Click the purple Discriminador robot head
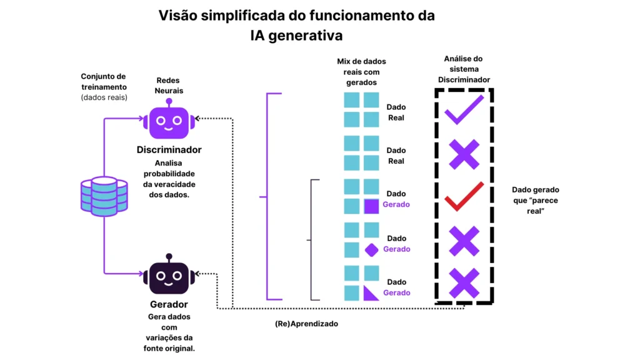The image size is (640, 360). [x=169, y=122]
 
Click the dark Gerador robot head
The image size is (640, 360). [x=169, y=277]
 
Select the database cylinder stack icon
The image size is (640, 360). [x=104, y=196]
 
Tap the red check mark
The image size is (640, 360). [x=464, y=196]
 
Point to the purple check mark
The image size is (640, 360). [x=464, y=109]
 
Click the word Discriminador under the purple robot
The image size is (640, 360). [x=169, y=150]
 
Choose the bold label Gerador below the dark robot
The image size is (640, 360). [x=169, y=305]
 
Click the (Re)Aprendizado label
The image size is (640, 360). [x=306, y=324]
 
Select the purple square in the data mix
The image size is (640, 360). [x=372, y=207]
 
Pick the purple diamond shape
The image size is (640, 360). [x=371, y=250]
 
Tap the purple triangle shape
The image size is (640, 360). [x=371, y=292]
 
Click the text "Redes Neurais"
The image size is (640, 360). [x=169, y=86]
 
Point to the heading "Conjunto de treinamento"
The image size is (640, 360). [x=104, y=82]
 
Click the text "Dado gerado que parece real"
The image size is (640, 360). [x=536, y=200]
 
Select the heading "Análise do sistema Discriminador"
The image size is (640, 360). [x=463, y=69]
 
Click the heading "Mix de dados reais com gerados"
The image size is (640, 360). [x=361, y=72]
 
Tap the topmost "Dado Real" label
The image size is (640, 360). [x=396, y=112]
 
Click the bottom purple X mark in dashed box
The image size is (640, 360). [x=464, y=283]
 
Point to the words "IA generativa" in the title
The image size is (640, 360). [x=296, y=35]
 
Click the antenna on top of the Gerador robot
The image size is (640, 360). [x=169, y=257]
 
